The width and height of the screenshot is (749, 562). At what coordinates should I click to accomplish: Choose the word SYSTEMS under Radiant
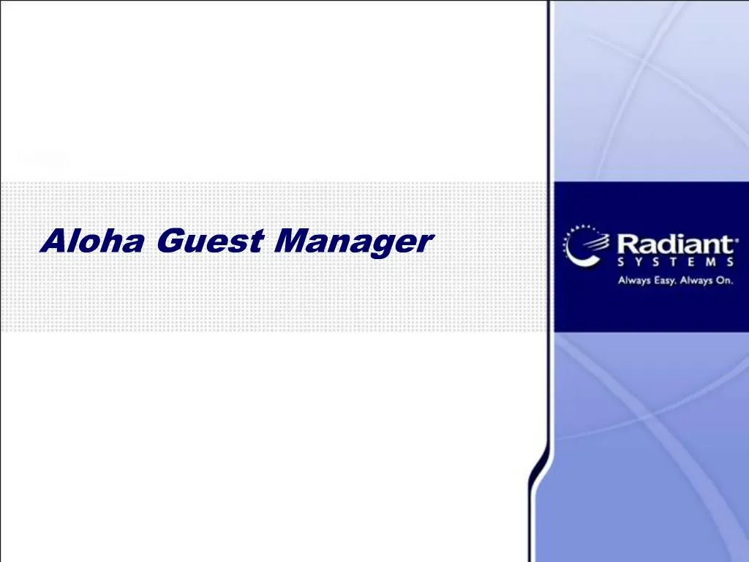pyautogui.click(x=675, y=263)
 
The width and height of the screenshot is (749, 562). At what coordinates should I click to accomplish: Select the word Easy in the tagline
pyautogui.click(x=663, y=280)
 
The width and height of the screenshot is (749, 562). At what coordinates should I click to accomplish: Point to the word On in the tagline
pyautogui.click(x=724, y=280)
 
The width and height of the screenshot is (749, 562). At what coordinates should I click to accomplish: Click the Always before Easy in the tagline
pyautogui.click(x=633, y=280)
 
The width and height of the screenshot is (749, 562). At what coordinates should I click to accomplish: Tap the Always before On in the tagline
pyautogui.click(x=696, y=280)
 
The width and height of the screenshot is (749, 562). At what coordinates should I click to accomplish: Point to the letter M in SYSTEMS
pyautogui.click(x=711, y=263)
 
